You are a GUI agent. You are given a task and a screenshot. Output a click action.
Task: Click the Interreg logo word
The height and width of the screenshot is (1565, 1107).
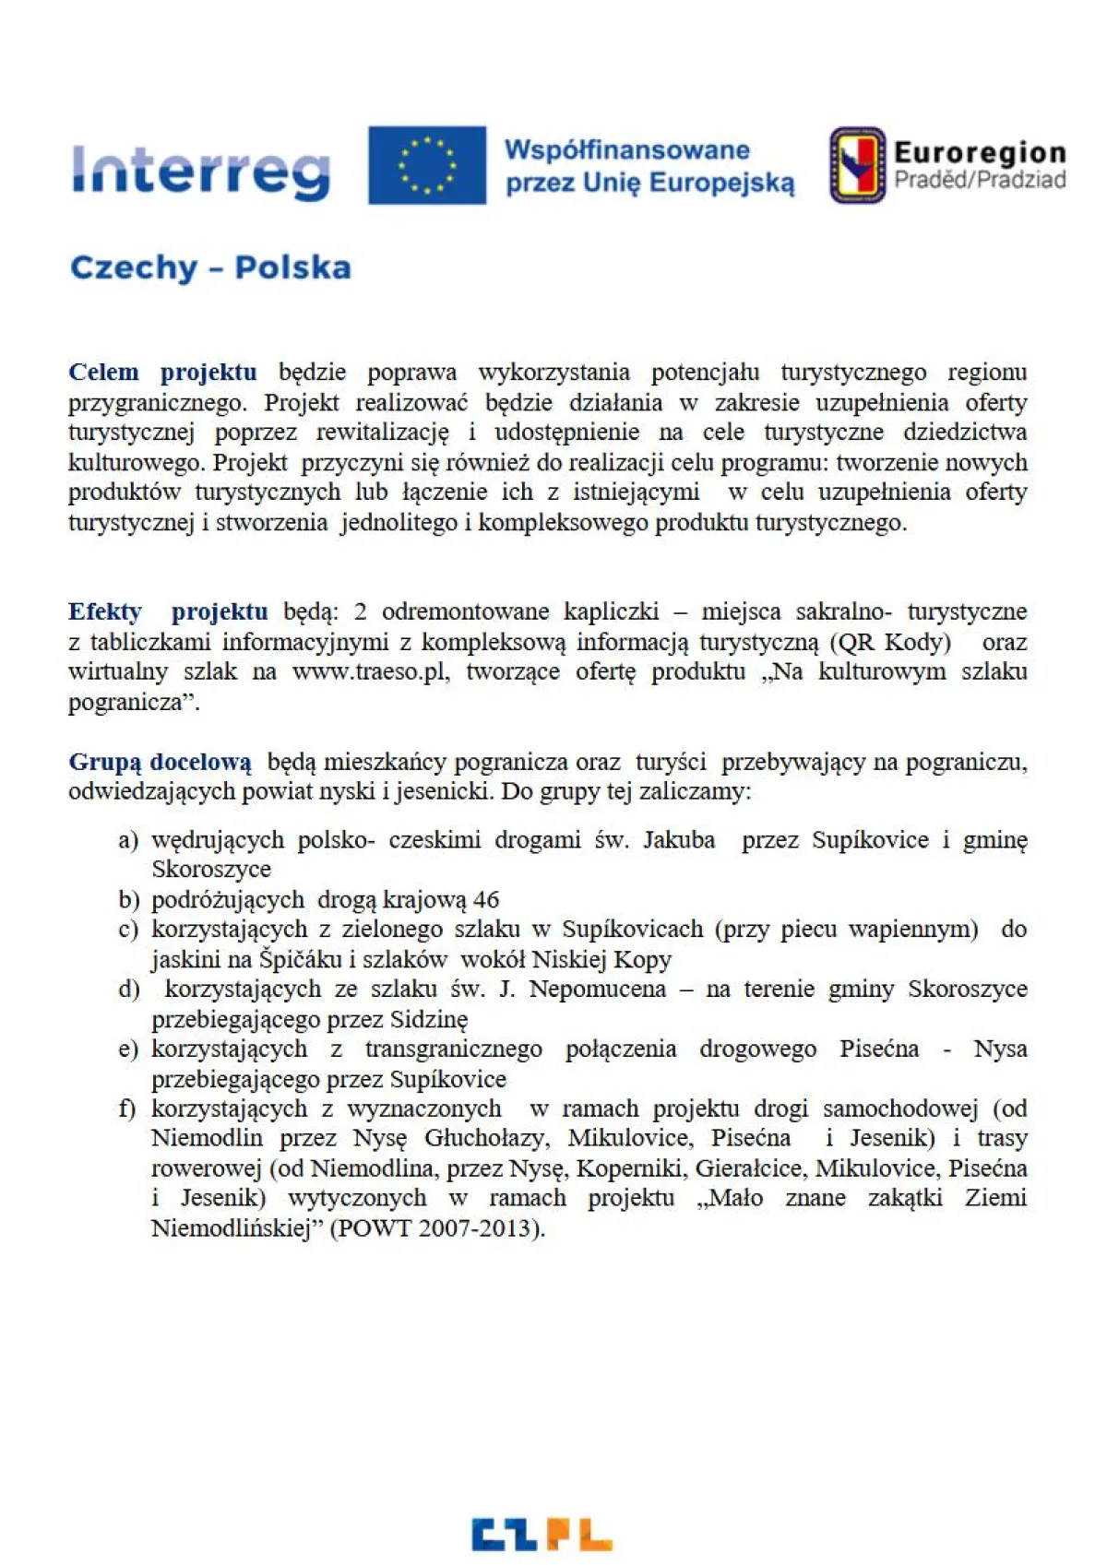[x=201, y=172]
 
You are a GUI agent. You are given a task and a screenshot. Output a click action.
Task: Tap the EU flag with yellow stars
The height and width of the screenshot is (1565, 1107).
[x=427, y=165]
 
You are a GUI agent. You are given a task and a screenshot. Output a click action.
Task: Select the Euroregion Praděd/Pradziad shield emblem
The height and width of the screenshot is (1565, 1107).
[x=857, y=165]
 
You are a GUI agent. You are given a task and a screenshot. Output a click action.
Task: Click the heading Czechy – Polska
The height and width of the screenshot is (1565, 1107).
[x=210, y=267]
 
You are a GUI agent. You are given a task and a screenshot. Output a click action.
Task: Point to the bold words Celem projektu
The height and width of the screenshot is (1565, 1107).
[x=162, y=373]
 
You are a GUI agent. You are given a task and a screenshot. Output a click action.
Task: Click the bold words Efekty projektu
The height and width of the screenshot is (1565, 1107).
[x=168, y=611]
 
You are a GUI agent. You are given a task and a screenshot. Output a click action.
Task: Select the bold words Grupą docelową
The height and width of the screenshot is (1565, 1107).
[x=160, y=763]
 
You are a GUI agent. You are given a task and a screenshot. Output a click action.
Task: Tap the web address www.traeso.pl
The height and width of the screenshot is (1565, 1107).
[x=370, y=671]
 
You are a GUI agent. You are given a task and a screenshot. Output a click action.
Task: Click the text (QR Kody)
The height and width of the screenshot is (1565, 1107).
[x=890, y=642]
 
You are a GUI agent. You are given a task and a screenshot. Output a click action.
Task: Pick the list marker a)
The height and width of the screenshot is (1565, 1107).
[x=128, y=840]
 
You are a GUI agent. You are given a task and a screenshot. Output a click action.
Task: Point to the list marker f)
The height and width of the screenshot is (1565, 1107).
[x=128, y=1109]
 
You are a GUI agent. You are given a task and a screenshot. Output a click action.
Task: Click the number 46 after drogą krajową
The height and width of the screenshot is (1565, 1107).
[x=486, y=900]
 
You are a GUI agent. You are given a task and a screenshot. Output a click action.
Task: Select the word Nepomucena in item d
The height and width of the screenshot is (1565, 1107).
[x=597, y=990]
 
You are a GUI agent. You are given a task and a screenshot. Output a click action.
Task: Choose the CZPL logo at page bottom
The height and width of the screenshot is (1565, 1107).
[x=542, y=1534]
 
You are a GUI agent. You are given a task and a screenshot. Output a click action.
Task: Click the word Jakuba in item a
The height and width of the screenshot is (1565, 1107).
[x=679, y=840]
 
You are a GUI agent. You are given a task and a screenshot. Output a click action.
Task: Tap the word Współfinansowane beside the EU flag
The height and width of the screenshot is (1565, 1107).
[x=626, y=150]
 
